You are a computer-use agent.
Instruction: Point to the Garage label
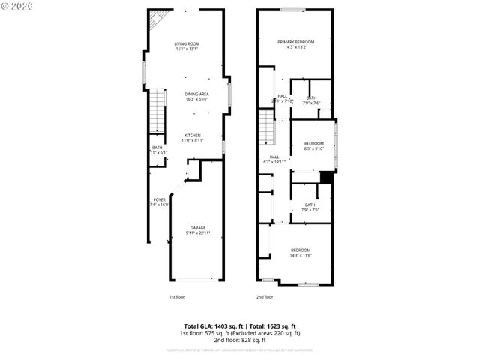(197, 227)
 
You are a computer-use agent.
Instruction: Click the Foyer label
(159, 199)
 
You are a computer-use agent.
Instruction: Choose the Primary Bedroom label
(295, 42)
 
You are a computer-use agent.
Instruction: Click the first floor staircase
(157, 109)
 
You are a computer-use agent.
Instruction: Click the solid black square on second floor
(326, 177)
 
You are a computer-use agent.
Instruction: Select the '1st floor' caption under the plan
(177, 297)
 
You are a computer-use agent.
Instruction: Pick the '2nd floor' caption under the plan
(264, 297)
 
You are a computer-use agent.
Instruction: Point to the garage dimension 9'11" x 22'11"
(198, 233)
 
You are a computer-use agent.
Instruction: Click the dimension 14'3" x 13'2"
(295, 48)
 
